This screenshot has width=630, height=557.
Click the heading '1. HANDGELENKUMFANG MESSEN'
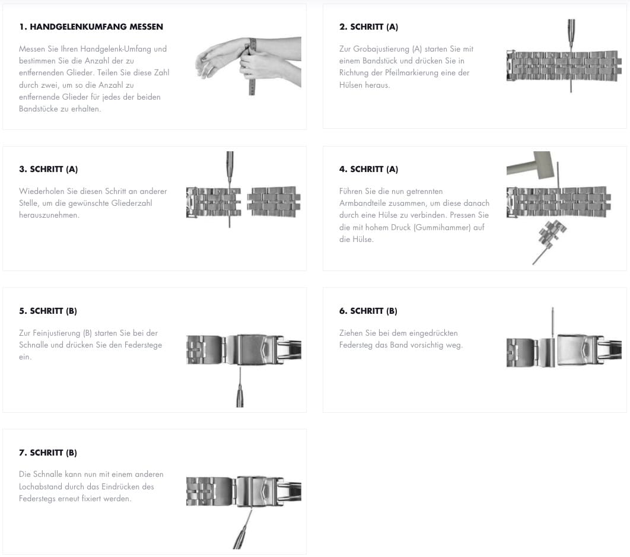(x=91, y=27)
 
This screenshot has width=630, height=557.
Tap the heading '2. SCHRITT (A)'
(x=368, y=27)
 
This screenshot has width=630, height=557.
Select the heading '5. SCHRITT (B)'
(x=48, y=311)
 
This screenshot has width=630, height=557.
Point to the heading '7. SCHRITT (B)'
(x=48, y=453)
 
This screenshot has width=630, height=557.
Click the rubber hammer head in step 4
(x=541, y=164)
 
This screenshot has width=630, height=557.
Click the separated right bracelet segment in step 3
(x=273, y=202)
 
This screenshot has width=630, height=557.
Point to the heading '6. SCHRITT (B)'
(x=368, y=311)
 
